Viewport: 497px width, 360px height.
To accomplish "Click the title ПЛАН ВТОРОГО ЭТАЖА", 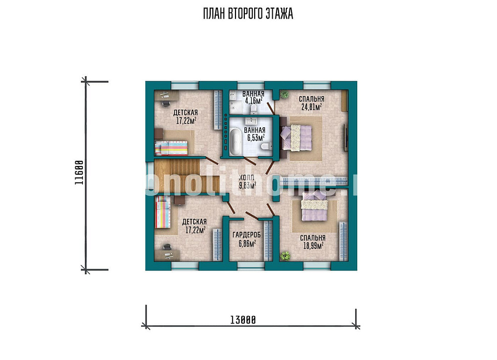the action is [248, 14].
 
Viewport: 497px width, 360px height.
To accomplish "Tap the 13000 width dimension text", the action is [243, 320].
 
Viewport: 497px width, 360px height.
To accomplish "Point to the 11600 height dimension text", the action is [79, 173].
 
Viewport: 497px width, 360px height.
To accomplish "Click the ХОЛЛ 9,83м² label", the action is [247, 182].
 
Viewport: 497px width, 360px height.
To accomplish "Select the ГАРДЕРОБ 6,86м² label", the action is [246, 239].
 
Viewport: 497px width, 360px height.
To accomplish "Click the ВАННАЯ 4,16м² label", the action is [253, 97].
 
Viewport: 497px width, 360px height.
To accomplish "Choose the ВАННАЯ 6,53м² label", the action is [255, 134].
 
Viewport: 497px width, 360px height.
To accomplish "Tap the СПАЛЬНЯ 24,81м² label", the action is [312, 103].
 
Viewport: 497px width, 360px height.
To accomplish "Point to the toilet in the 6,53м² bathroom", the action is [265, 146].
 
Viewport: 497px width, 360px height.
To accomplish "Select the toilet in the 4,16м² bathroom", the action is [254, 110].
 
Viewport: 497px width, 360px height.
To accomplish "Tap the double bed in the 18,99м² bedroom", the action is [314, 206].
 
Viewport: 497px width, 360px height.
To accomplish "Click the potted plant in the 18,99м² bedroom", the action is [285, 255].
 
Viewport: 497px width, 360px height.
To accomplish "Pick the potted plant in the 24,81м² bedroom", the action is [284, 94].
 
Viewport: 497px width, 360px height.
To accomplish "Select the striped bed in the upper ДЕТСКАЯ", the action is [171, 148].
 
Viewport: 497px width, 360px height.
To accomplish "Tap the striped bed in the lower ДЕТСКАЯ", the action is [163, 212].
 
